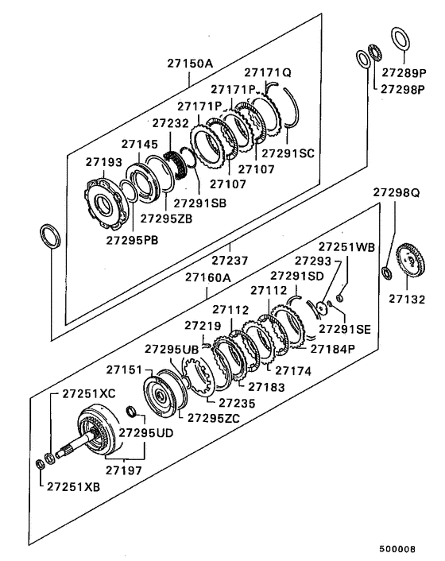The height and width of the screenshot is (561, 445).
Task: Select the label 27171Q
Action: coord(267,72)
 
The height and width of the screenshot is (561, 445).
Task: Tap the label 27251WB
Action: coord(346,247)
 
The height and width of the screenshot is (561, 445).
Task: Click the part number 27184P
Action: coord(333,348)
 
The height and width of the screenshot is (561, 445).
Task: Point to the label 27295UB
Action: coord(171,348)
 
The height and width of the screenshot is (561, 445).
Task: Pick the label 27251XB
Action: coord(73,486)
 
